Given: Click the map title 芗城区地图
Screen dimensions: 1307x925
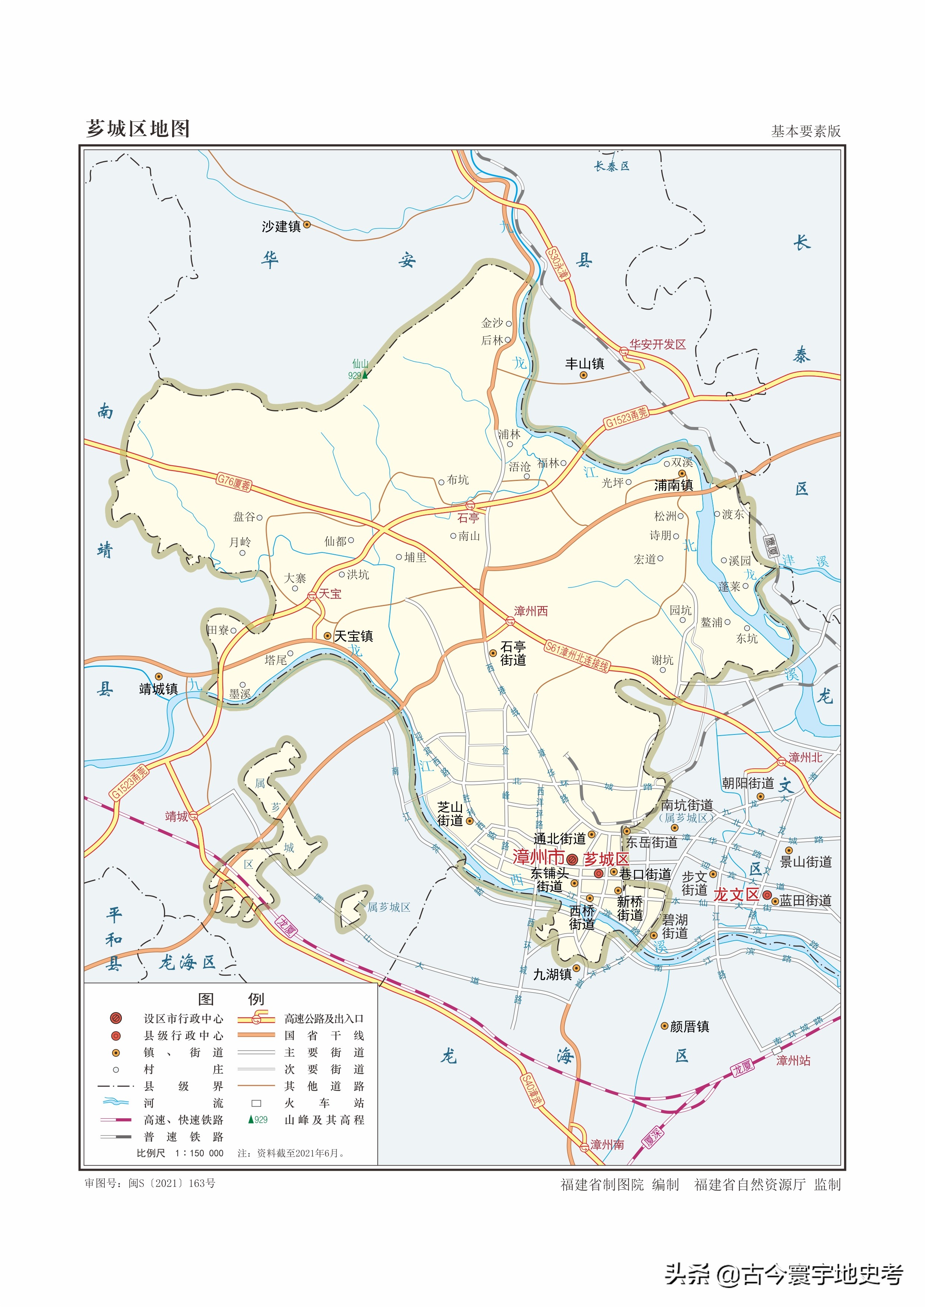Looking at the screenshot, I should (x=138, y=129).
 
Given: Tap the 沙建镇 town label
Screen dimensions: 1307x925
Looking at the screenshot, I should (x=281, y=227).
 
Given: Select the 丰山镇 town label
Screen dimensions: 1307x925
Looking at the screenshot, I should (x=585, y=364).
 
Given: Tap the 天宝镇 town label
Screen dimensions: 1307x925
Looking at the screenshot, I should (x=353, y=636).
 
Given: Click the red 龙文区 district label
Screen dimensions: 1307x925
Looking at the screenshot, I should (x=736, y=894).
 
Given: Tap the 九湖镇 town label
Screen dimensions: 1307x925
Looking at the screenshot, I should (x=552, y=975).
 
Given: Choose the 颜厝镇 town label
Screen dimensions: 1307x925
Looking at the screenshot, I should (x=689, y=1026).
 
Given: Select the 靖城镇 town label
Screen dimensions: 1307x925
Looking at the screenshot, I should (x=158, y=689).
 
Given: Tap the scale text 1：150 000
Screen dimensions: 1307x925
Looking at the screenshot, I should (x=199, y=1153).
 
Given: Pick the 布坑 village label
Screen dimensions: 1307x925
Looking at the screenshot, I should (x=457, y=480).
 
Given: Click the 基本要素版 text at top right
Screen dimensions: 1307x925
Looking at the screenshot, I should (x=805, y=131).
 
